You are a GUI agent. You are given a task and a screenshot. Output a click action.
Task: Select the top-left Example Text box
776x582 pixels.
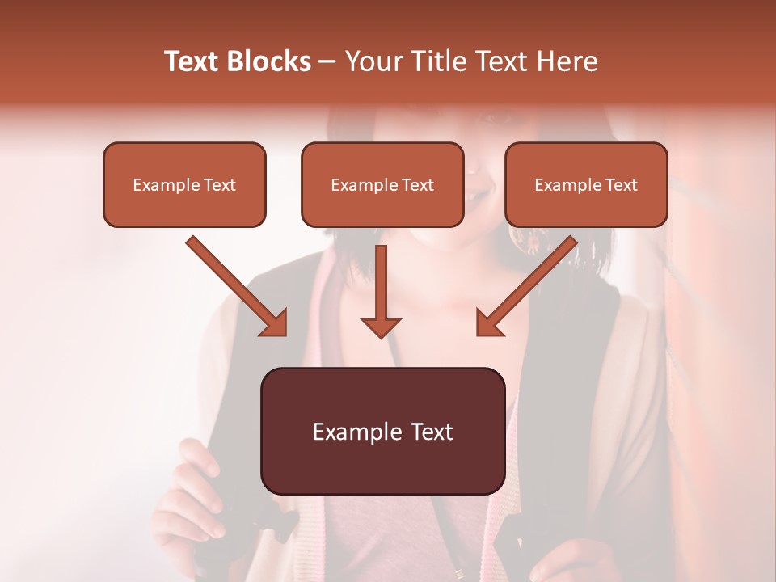[x=184, y=184]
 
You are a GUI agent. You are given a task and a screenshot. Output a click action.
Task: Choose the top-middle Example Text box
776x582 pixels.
[x=382, y=184]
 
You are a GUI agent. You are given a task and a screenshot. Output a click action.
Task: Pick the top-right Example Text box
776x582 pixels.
[x=586, y=184]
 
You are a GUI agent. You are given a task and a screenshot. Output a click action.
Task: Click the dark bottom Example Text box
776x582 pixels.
[x=382, y=431]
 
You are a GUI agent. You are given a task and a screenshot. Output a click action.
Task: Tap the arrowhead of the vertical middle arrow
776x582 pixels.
[x=381, y=327]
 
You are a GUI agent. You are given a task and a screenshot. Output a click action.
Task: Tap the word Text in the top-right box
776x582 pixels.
[x=621, y=185]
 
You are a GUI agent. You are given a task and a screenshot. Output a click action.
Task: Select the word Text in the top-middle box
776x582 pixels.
[x=417, y=185]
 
